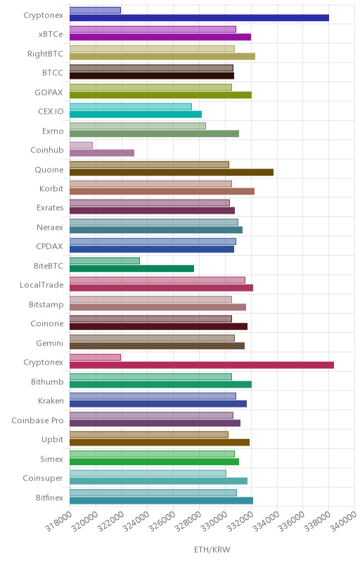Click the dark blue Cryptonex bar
click(199, 18)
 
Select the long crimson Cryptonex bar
click(202, 365)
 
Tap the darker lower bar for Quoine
click(172, 172)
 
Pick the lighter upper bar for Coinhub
click(81, 145)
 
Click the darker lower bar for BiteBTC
click(131, 268)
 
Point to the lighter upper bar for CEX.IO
click(131, 107)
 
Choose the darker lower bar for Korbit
click(162, 191)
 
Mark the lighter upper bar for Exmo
click(138, 126)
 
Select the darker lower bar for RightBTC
click(162, 56)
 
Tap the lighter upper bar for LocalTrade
click(157, 280)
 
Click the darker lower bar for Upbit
click(160, 443)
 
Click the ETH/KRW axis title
click(212, 549)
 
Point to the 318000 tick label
click(59, 521)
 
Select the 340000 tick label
click(344, 521)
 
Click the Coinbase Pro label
click(37, 420)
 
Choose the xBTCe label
click(51, 34)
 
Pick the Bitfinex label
click(49, 497)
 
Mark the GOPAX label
click(49, 92)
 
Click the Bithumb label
click(47, 381)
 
